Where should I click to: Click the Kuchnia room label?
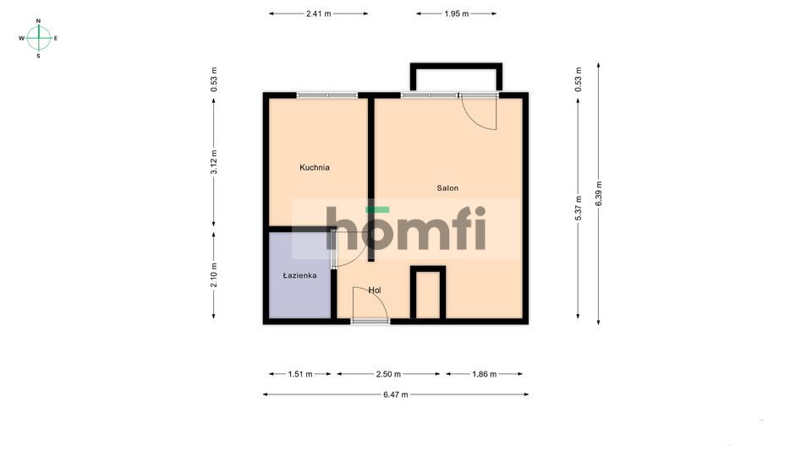315,167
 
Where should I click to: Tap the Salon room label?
447,187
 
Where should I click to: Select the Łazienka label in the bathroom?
299,275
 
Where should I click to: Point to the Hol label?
375,290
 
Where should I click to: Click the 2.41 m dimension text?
318,14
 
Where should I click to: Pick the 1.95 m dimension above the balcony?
456,14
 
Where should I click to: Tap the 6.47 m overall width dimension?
395,394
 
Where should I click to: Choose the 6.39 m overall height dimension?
599,194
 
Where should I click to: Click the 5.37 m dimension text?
578,208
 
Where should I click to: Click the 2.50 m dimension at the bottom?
388,373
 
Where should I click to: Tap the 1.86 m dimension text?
484,373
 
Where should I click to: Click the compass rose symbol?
38,38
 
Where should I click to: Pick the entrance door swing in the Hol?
370,304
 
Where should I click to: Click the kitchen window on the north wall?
327,95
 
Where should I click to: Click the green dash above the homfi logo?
377,209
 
